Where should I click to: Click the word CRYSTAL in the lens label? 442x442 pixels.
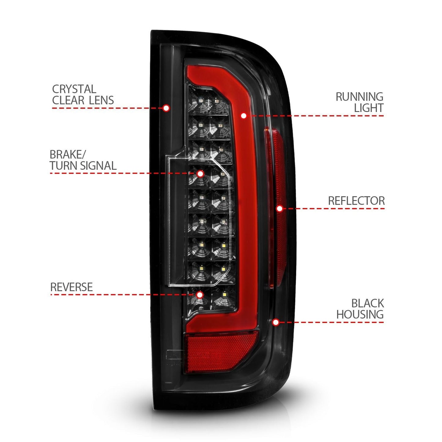(x=74, y=89)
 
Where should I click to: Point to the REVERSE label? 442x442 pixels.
(x=71, y=287)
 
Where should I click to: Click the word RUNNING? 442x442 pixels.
(x=359, y=97)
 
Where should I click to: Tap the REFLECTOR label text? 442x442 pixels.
(x=356, y=201)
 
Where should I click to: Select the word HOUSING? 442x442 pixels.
(x=360, y=314)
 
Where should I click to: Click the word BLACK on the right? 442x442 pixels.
(x=367, y=303)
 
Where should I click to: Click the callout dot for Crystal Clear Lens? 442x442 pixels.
(x=166, y=108)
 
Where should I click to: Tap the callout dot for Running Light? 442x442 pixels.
(x=243, y=116)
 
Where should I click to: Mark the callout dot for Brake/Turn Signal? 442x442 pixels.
(x=200, y=174)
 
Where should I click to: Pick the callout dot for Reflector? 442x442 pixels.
(x=279, y=209)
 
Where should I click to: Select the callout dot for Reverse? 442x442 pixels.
(x=200, y=295)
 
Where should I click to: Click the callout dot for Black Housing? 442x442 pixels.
(x=276, y=322)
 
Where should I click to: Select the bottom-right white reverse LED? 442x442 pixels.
(x=225, y=295)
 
